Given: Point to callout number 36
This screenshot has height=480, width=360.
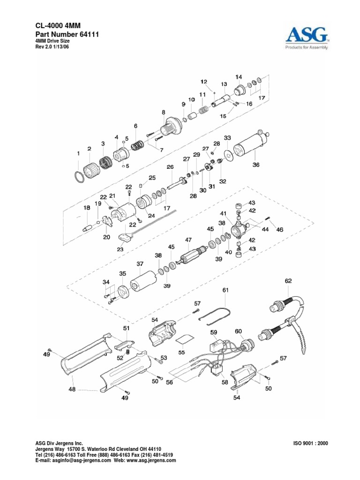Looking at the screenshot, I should [255, 165].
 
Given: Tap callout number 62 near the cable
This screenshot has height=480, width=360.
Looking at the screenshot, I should [288, 281].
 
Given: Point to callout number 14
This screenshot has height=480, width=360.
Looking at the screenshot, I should [239, 77].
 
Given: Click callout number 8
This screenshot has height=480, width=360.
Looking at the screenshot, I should [163, 112].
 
